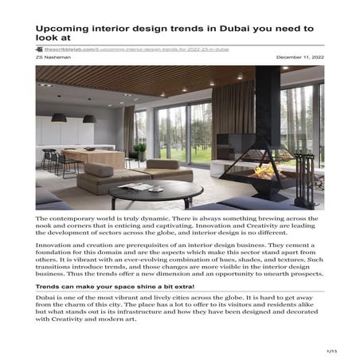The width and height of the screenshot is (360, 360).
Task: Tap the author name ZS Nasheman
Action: pos(53,57)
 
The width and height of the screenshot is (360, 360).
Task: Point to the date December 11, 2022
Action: pos(299,57)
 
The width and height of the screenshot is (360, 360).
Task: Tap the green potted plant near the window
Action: pos(140,149)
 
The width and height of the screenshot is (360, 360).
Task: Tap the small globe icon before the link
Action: pos(49,49)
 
